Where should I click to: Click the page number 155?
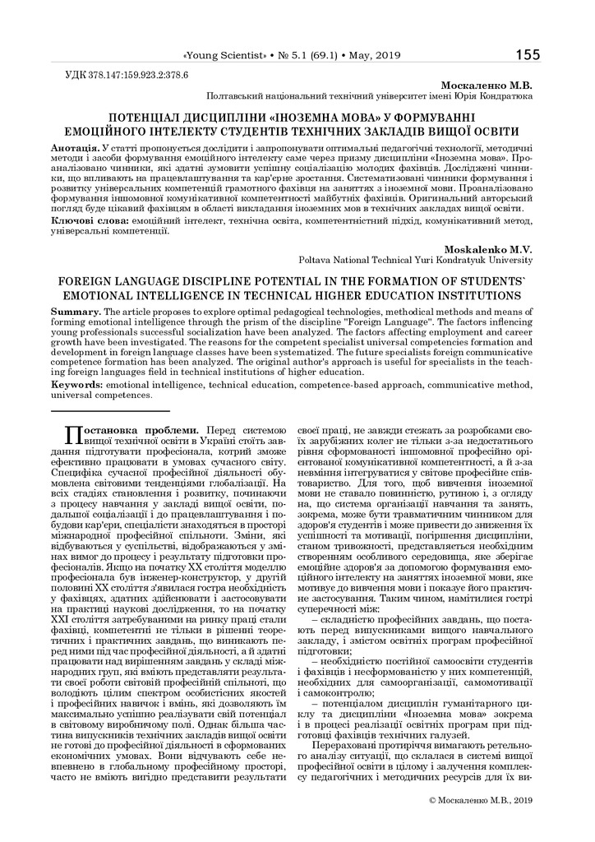[x=528, y=55]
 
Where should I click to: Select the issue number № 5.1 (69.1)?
[x=311, y=56]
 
